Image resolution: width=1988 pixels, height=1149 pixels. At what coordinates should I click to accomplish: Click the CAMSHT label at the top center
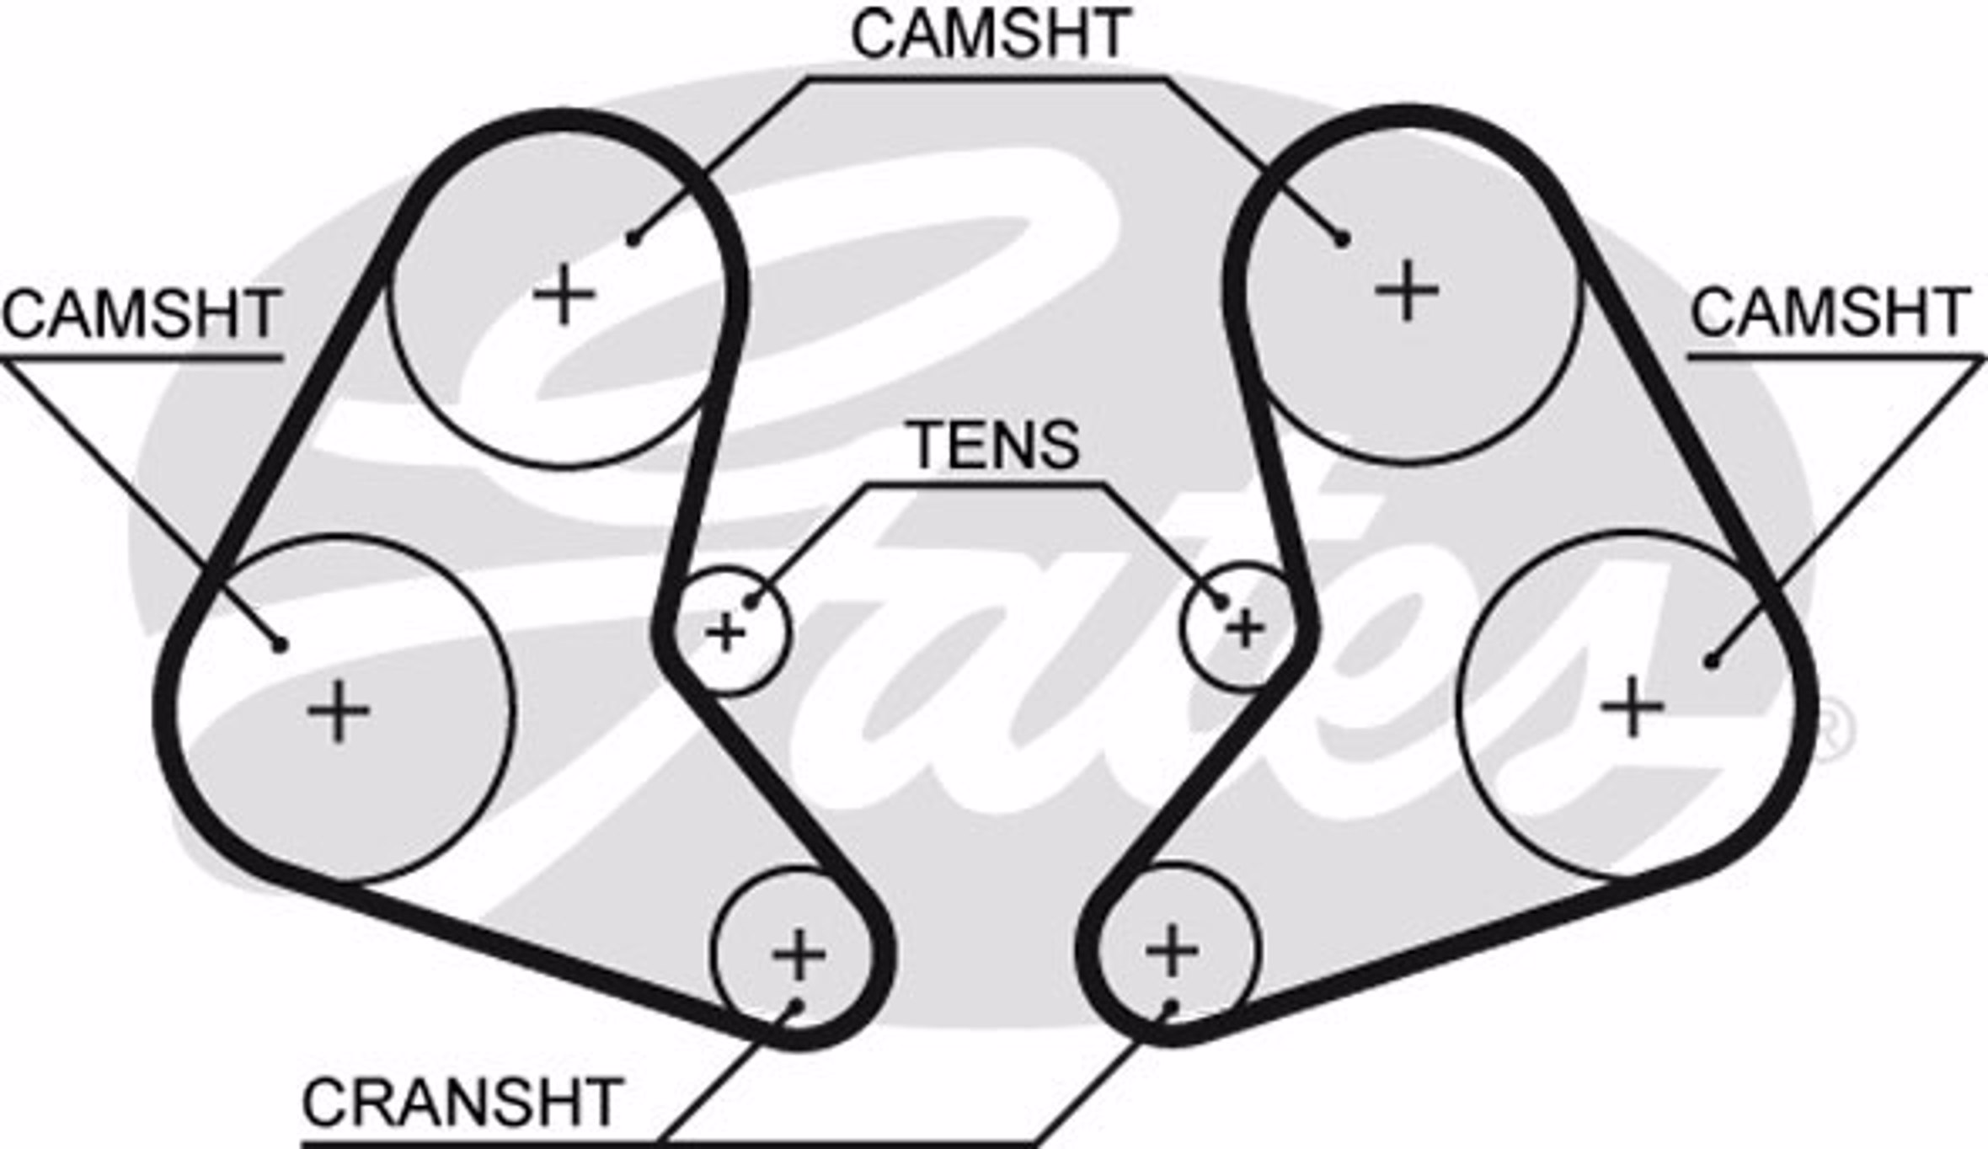click(x=990, y=35)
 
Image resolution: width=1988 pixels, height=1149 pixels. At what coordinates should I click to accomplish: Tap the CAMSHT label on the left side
click(x=141, y=314)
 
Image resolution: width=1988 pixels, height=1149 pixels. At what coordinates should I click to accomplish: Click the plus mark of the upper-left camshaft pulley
click(x=564, y=294)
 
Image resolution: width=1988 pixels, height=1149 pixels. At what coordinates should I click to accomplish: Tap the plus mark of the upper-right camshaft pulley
click(x=1406, y=291)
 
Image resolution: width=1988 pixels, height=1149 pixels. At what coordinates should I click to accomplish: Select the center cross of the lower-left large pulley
click(x=339, y=712)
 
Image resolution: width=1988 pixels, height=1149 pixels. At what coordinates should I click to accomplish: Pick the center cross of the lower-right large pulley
click(x=1633, y=706)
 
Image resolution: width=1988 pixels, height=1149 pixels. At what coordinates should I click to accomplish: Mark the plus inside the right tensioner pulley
click(x=1246, y=628)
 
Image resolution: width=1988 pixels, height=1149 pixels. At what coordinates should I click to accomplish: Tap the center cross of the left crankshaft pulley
click(x=798, y=954)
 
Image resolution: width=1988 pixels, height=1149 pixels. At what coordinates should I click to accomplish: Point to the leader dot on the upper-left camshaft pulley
click(x=633, y=241)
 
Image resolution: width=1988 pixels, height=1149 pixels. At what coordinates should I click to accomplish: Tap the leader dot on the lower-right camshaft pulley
click(x=1711, y=662)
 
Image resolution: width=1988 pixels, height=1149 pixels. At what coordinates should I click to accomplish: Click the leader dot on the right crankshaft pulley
click(x=1169, y=1005)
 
